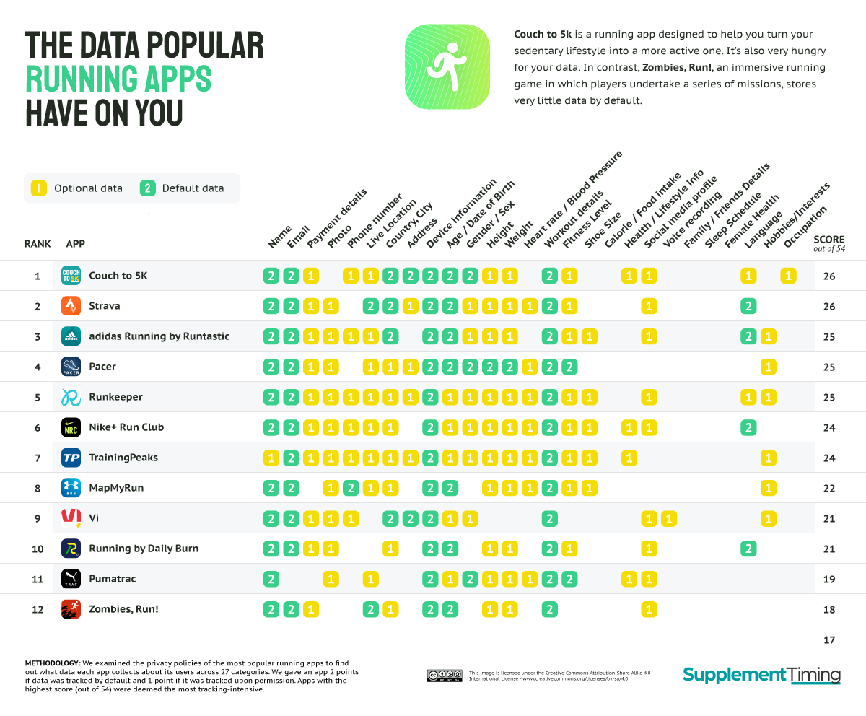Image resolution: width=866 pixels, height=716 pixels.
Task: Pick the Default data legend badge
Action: [x=147, y=188]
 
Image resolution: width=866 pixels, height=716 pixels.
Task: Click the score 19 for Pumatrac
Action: [x=828, y=579]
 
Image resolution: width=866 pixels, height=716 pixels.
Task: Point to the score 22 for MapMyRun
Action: [x=828, y=488]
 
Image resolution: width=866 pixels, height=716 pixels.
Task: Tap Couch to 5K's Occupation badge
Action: [x=788, y=276]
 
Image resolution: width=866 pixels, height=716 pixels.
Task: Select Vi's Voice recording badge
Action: [x=669, y=518]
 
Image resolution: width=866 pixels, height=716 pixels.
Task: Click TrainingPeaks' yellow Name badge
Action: [x=271, y=458]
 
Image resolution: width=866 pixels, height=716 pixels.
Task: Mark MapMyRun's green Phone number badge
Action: [x=351, y=488]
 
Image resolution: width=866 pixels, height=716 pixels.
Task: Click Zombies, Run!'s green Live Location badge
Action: [x=371, y=609]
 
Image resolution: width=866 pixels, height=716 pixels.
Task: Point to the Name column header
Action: [x=279, y=237]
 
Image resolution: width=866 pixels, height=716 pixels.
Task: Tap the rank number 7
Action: [x=38, y=458]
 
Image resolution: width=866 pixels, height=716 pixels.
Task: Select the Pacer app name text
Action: [x=102, y=367]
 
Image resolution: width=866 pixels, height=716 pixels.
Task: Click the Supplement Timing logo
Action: [x=761, y=675]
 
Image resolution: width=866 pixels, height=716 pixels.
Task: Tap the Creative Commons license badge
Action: [x=444, y=676]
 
